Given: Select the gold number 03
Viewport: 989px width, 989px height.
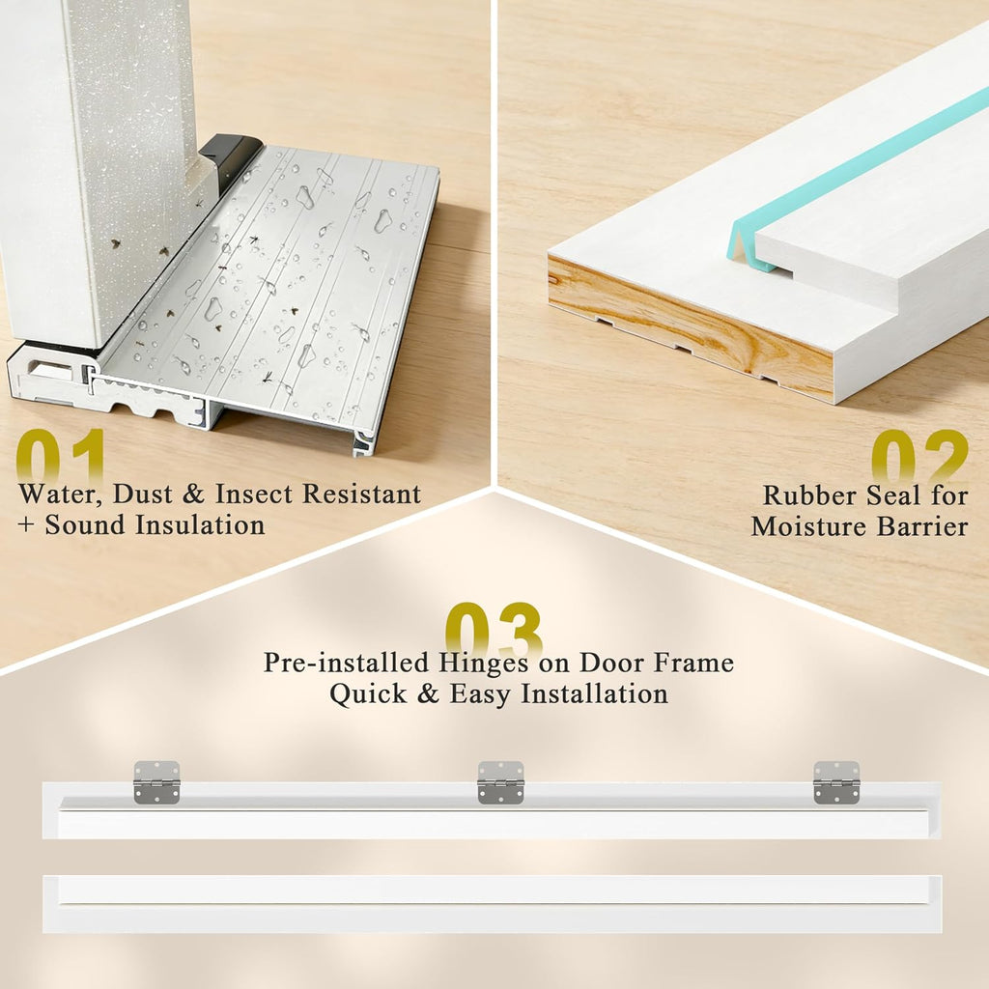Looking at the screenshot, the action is click(x=494, y=629).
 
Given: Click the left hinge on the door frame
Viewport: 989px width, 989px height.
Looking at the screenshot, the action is click(x=156, y=782).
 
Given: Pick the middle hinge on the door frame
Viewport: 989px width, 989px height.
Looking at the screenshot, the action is click(x=501, y=782).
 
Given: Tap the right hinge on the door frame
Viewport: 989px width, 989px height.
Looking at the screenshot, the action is click(x=836, y=782).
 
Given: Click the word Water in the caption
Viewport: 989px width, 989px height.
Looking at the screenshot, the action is click(x=60, y=494).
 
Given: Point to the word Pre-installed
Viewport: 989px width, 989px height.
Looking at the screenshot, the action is click(x=347, y=663).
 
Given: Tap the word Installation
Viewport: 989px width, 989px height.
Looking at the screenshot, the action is click(x=594, y=694).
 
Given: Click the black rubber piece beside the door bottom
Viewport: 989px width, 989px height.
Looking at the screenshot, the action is click(x=229, y=157).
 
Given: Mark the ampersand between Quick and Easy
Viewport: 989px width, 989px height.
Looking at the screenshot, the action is click(x=428, y=694).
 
